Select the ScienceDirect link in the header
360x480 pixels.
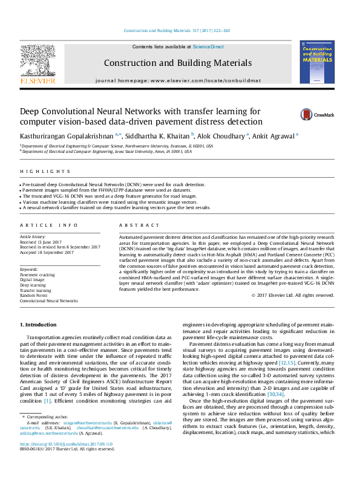point(208,47)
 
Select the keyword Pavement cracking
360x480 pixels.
point(38,274)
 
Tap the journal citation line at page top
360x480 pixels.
point(177,31)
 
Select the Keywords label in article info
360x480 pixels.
point(29,268)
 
